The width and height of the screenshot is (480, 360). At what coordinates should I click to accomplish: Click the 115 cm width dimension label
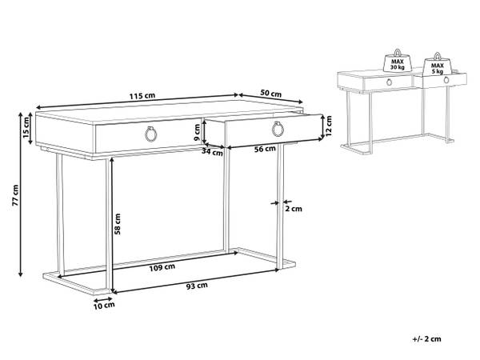pos(142,96)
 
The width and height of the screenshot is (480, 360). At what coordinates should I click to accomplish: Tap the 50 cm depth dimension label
pos(270,93)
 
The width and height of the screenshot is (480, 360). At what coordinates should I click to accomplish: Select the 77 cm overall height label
pos(15,195)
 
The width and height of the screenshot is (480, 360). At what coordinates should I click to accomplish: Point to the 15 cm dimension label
pos(26,128)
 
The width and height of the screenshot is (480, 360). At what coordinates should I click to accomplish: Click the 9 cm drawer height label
pos(197,132)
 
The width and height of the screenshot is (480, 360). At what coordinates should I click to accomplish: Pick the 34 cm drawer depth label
pos(212,151)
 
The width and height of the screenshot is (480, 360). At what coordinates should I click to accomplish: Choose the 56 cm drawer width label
pos(265,149)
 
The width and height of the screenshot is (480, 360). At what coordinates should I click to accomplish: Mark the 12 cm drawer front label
pos(329,126)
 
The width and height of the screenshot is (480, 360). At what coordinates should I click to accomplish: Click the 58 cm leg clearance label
pos(118,224)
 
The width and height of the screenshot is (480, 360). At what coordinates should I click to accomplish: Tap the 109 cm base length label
pos(162,267)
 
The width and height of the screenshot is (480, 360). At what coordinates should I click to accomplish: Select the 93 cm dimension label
pos(197,286)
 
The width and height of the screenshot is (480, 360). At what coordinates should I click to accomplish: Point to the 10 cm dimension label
pos(104,306)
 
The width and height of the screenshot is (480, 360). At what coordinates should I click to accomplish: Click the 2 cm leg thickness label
pos(294,209)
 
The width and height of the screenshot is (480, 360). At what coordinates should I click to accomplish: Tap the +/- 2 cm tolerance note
pos(426,339)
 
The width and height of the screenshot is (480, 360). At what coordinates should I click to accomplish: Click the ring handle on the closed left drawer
pos(150,134)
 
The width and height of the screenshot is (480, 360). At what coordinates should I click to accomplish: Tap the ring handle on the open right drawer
pos(278,129)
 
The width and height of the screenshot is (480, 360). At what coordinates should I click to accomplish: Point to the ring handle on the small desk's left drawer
pos(389,82)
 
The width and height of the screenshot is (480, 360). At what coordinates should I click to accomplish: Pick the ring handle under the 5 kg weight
pos(446,80)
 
